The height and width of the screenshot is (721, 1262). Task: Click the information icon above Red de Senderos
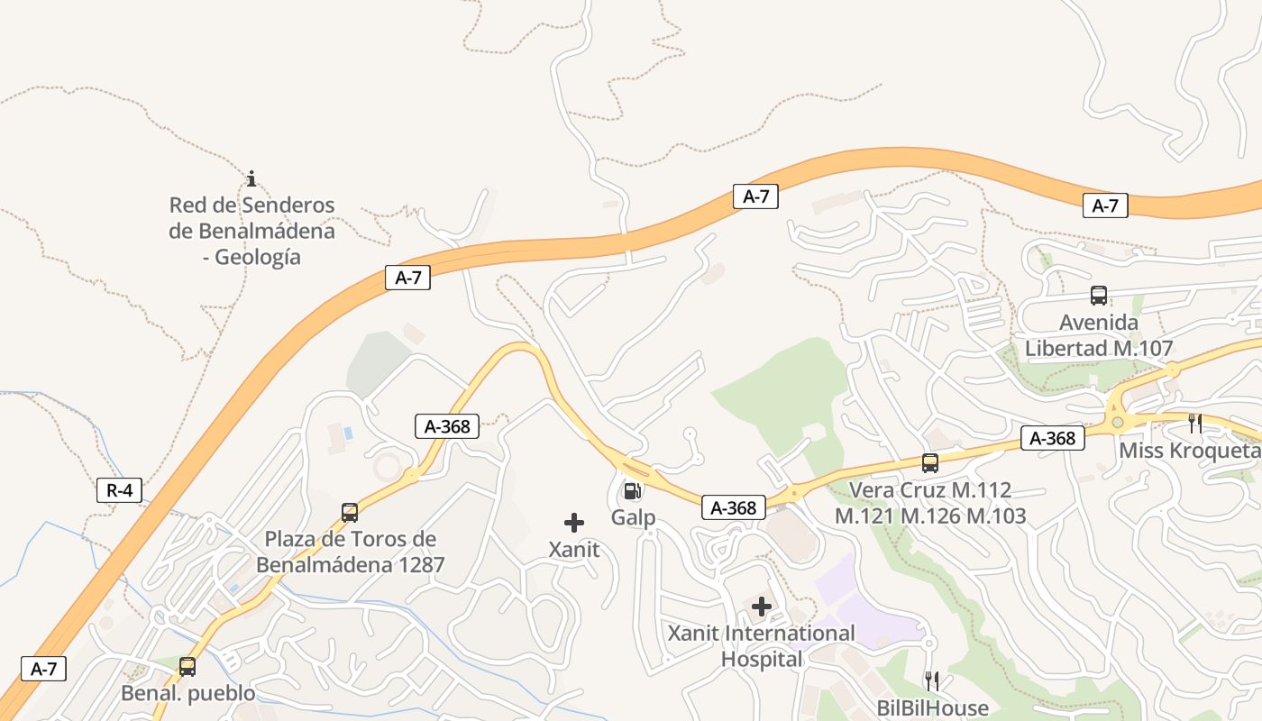251,178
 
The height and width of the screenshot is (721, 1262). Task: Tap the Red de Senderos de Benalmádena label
251,231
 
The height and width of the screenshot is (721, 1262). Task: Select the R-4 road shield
119,490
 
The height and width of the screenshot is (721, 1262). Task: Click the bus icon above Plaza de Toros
350,513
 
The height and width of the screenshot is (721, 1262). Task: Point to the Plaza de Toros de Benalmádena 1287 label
351,552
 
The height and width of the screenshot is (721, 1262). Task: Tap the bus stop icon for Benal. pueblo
187,667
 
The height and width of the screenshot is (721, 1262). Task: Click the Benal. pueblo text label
188,694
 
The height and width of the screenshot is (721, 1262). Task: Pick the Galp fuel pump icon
633,491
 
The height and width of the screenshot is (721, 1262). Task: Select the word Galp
633,517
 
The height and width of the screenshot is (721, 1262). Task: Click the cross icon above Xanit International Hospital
762,607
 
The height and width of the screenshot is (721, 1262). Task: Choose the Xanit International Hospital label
762,646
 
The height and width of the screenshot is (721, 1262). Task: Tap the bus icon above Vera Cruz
930,463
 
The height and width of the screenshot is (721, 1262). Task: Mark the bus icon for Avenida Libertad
1099,295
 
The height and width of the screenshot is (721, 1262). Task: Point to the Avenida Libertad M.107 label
1099,335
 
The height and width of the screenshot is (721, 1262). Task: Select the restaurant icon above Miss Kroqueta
1195,423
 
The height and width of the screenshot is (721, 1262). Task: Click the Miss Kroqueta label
1189,450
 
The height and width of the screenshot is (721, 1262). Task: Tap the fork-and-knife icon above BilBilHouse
932,680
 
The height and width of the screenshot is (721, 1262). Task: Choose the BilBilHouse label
933,708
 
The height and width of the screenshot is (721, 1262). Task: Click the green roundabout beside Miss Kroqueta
1118,421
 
